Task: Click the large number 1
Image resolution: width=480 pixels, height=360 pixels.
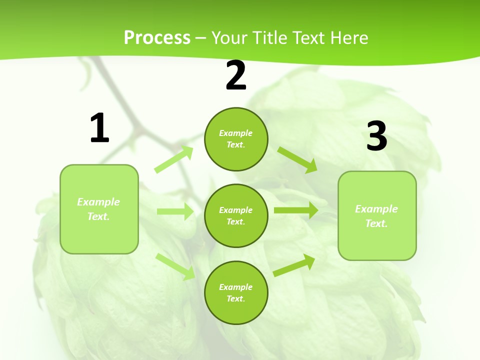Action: coord(99,128)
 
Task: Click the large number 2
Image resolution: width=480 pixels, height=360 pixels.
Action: coord(236,76)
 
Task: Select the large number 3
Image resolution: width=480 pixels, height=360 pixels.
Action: coord(376,136)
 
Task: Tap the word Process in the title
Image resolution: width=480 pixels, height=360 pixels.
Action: coord(157,37)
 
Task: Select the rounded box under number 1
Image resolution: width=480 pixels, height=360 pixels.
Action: coord(99,209)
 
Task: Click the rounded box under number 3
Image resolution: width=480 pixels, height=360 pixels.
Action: coord(377,215)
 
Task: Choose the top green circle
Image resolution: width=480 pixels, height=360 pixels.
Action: coord(236,139)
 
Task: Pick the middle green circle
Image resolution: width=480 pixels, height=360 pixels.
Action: coord(236,215)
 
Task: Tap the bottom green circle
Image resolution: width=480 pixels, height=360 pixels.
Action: coord(236,292)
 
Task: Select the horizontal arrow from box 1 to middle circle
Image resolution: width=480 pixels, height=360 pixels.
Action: coord(175,211)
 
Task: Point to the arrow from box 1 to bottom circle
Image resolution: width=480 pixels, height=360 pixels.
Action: coord(175,266)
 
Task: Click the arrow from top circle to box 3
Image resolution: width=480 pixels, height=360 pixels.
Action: coord(297,159)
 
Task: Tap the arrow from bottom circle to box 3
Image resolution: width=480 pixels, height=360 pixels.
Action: coord(294,265)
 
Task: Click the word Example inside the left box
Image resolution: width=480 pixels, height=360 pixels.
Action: coord(98,202)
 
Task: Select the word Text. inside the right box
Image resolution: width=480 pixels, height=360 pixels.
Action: coord(376,223)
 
